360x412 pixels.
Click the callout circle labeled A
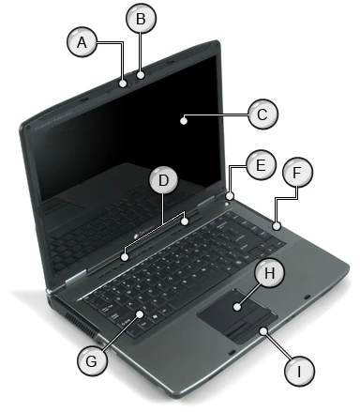pos(82,42)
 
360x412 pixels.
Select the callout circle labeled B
pos(142,18)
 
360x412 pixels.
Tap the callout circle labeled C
pos(262,114)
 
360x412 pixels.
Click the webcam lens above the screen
pos(141,73)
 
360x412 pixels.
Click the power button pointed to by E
pos(230,196)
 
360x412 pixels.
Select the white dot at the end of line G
pos(138,314)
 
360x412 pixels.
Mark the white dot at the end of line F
pos(278,226)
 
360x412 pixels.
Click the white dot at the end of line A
pos(124,83)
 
